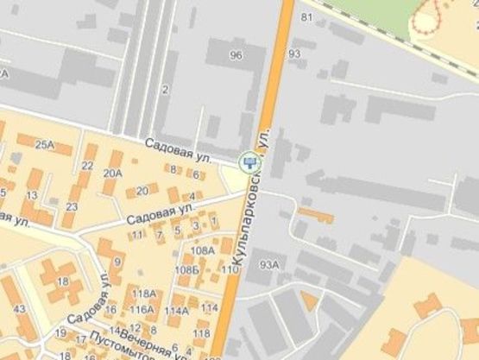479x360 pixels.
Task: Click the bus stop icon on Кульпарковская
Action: tap(249, 161)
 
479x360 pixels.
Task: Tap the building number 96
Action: tap(236, 55)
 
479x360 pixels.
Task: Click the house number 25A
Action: tap(45, 144)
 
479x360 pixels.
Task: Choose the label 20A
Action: tap(112, 173)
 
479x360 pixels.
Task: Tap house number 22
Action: tap(88, 166)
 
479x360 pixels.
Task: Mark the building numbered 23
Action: tap(72, 206)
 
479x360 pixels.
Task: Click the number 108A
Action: tap(203, 250)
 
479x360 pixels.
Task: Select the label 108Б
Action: tap(186, 270)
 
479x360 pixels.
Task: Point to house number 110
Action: tap(230, 270)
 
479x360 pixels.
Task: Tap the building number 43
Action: tap(19, 309)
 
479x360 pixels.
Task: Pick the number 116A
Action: tap(142, 309)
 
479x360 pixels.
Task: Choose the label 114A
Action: tap(176, 310)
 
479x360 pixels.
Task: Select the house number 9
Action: tap(117, 262)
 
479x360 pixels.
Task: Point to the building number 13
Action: tap(31, 195)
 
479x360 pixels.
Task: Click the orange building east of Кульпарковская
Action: tap(316, 213)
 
